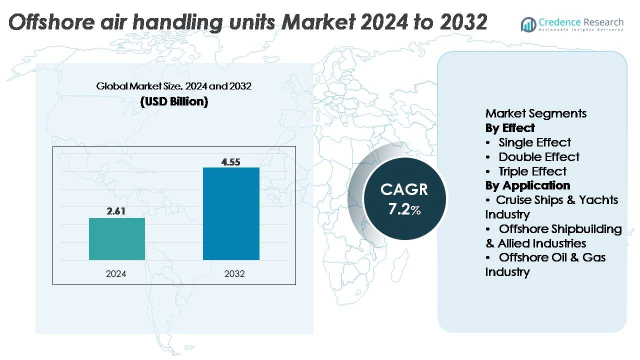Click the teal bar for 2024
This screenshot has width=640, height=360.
(x=116, y=239)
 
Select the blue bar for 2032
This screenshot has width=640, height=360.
(x=231, y=213)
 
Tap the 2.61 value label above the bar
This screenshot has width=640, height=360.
(x=116, y=211)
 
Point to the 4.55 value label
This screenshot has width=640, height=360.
(x=231, y=161)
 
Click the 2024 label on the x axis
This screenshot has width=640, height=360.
(x=116, y=274)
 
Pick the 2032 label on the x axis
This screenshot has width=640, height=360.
(x=231, y=274)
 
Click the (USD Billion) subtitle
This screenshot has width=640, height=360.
(x=174, y=101)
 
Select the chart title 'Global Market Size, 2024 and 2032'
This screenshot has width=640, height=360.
(x=174, y=86)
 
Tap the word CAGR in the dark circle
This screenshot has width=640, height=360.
(x=404, y=189)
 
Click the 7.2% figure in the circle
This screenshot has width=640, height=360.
(x=404, y=209)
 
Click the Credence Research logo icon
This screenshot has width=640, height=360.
(x=528, y=24)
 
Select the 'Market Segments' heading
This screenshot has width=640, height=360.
(x=535, y=113)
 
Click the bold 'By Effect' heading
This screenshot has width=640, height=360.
(x=509, y=128)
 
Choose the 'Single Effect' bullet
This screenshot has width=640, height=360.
(x=534, y=142)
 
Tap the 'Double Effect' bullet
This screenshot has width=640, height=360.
(x=538, y=157)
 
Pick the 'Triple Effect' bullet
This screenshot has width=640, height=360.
(x=532, y=171)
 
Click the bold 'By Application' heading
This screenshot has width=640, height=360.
(x=527, y=185)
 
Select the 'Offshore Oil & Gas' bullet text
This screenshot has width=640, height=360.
(x=552, y=257)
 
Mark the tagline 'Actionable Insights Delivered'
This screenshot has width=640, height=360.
(x=581, y=30)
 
